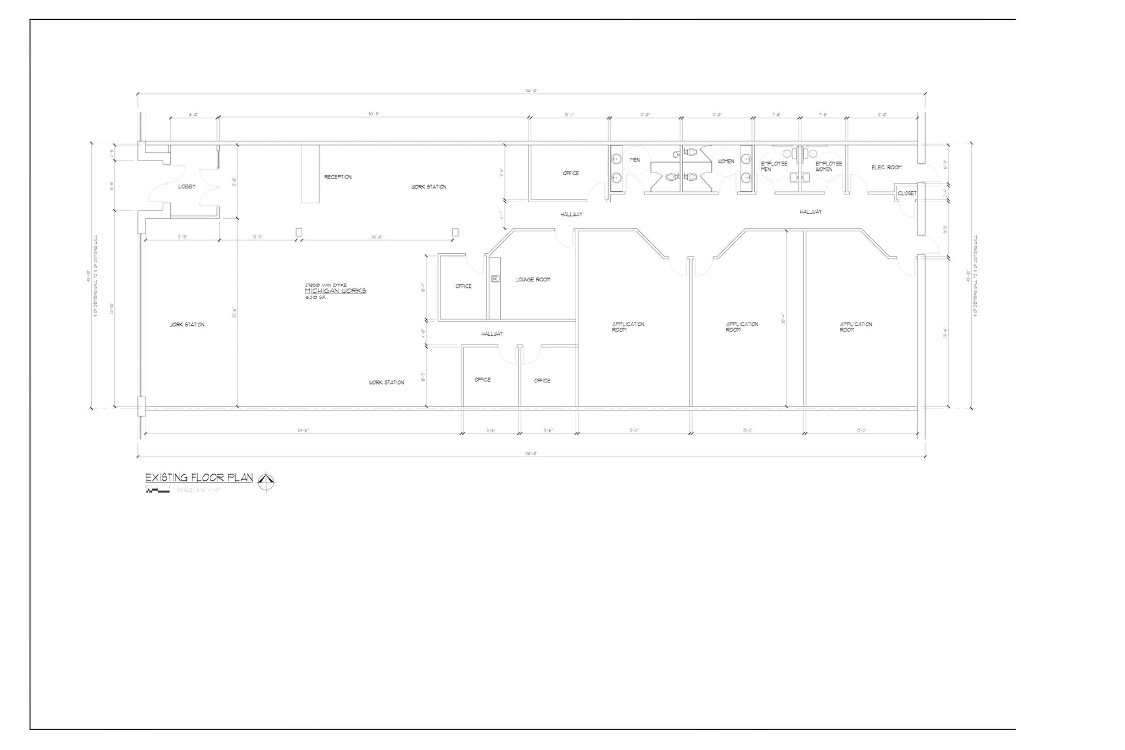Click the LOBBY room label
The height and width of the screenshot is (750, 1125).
[187, 187]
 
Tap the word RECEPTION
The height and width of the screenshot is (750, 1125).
[338, 177]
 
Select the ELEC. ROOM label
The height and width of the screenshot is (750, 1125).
[886, 168]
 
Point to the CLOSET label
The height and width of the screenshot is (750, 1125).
[906, 193]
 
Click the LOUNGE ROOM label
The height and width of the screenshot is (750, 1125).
[532, 280]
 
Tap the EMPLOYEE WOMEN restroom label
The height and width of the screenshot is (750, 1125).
[828, 166]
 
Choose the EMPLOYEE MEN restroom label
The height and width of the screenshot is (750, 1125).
[773, 166]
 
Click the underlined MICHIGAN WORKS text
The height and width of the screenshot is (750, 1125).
[335, 291]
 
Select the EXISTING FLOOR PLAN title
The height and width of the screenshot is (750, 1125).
[199, 477]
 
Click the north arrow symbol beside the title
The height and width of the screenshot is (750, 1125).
[266, 482]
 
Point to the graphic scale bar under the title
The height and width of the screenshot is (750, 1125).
[158, 490]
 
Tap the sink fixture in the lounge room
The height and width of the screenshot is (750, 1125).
[495, 279]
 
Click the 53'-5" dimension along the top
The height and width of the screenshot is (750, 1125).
[374, 114]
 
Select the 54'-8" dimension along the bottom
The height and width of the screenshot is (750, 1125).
[303, 431]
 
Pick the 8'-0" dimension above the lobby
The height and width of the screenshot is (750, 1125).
[193, 115]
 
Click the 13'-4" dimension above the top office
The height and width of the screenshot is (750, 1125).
[569, 115]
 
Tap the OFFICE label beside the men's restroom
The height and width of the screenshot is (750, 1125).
[571, 174]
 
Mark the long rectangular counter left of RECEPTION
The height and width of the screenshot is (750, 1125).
[310, 174]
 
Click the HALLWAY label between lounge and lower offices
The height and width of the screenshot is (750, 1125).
[492, 334]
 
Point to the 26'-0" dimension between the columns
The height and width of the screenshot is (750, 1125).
[377, 237]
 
